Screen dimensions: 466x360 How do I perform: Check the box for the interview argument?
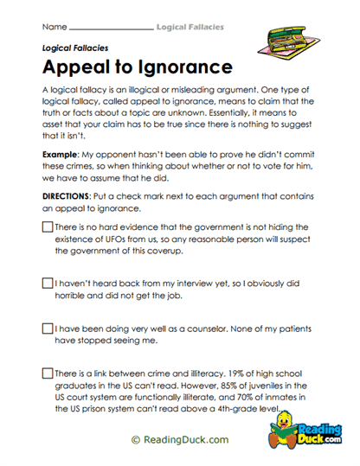coord(47,282)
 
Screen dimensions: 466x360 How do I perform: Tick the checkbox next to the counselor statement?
coord(47,329)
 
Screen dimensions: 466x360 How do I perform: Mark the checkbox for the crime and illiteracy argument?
coord(47,373)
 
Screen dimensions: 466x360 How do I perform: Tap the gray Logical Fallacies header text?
coord(190,27)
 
